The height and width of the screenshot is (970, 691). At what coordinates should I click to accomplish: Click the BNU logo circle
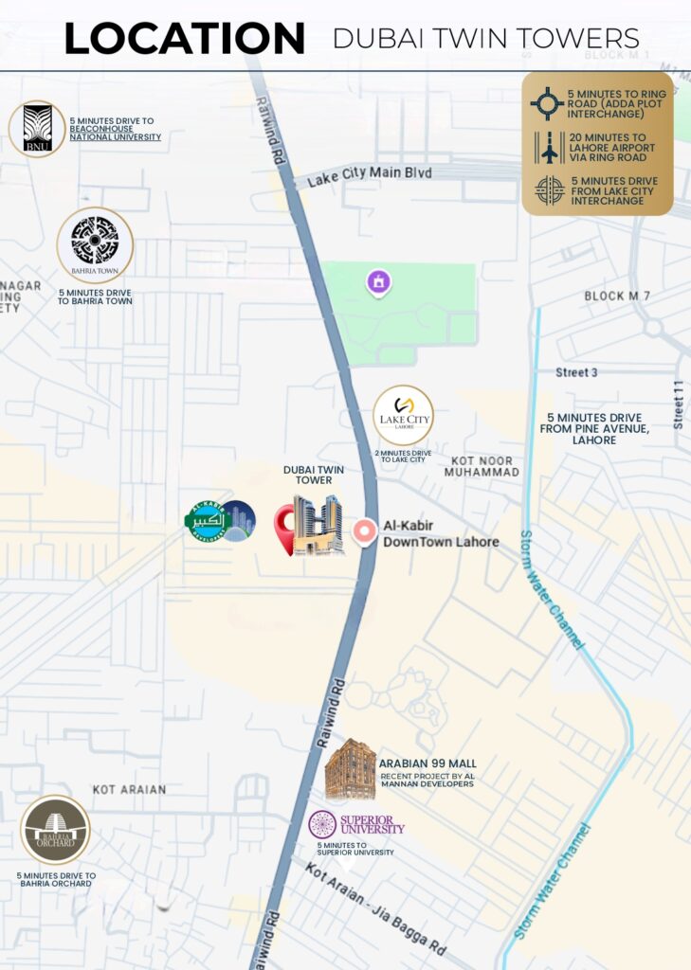[x=37, y=129]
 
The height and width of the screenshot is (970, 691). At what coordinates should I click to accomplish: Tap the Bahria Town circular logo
[x=95, y=244]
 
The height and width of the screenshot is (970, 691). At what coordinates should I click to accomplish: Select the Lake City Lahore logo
[x=403, y=415]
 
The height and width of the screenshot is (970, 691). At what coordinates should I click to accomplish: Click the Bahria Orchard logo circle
[x=56, y=830]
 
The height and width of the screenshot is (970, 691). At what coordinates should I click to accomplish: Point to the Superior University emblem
[x=322, y=824]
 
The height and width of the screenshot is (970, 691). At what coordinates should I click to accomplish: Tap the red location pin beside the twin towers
[x=284, y=529]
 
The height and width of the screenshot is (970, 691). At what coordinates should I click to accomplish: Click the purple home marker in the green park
[x=379, y=281]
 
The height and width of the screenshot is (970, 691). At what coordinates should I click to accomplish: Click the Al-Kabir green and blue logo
[x=220, y=521]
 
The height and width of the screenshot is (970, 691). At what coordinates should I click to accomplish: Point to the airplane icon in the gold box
[x=548, y=148]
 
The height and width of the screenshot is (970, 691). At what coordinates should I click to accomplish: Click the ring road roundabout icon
[x=547, y=102]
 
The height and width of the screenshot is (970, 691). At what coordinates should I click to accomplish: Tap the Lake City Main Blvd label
[x=370, y=174]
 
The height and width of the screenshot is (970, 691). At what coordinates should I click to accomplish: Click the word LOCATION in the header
[x=184, y=39]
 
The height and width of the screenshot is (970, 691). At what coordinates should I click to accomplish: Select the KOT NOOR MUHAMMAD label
[x=482, y=465]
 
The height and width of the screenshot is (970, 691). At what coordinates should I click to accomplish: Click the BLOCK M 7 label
[x=617, y=296]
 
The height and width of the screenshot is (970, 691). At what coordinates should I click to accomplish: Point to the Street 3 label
[x=576, y=372]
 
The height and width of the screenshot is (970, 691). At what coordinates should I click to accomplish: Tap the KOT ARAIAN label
[x=129, y=789]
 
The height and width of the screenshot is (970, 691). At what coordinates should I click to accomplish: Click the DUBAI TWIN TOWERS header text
[x=485, y=39]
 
